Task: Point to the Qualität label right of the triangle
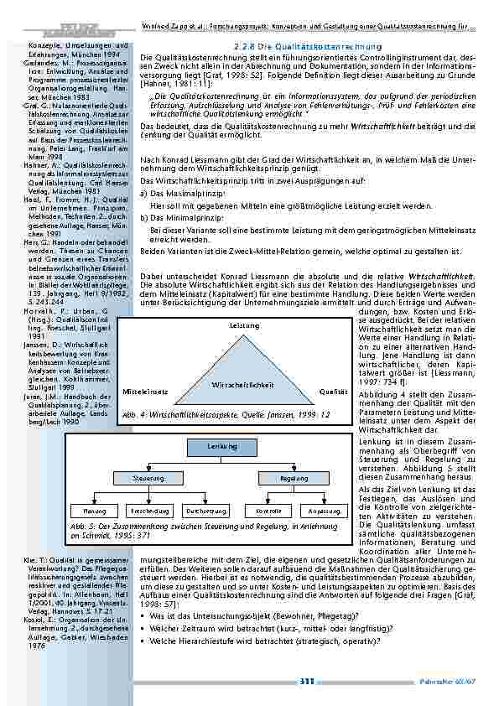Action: (x=334, y=391)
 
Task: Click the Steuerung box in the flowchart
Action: (x=148, y=477)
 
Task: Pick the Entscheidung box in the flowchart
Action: (x=148, y=510)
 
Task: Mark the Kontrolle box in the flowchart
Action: (x=268, y=510)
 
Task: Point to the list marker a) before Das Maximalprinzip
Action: (x=143, y=192)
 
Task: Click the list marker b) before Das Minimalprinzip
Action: (x=143, y=216)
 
